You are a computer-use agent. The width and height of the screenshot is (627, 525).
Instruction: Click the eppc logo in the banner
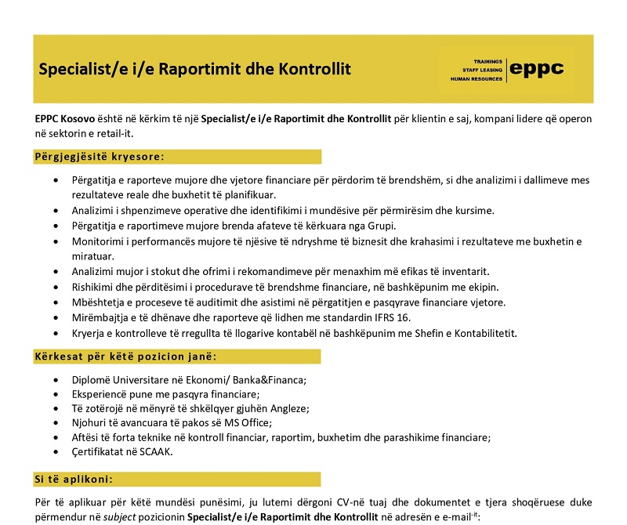(x=537, y=69)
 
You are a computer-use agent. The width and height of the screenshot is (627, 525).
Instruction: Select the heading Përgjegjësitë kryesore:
(x=99, y=157)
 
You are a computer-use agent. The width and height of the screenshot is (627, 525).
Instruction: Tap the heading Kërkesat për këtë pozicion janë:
(x=125, y=357)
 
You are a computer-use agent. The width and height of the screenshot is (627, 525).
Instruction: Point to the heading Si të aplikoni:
(x=74, y=479)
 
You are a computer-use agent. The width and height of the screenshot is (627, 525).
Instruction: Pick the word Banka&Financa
(x=266, y=380)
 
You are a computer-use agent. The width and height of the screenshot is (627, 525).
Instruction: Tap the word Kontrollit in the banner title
(x=313, y=69)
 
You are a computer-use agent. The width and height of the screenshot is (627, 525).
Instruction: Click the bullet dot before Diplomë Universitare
(x=55, y=380)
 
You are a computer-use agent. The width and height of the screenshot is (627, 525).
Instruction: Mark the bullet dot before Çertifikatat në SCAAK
(x=55, y=452)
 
